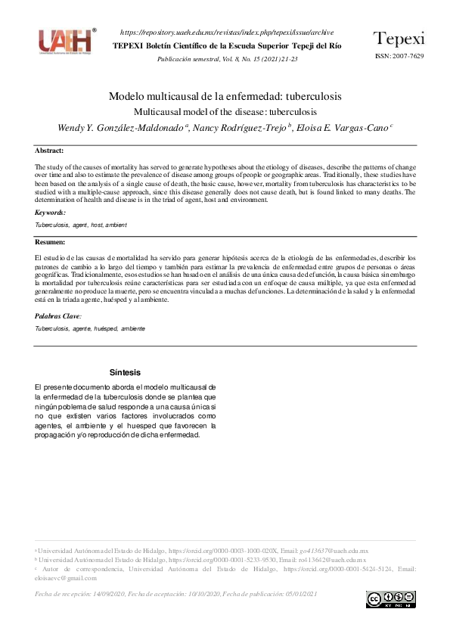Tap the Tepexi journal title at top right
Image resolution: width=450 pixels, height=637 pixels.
[x=399, y=39]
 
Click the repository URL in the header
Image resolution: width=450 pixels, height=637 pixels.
[x=227, y=33]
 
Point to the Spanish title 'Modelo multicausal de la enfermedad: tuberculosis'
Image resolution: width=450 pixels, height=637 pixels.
[x=225, y=97]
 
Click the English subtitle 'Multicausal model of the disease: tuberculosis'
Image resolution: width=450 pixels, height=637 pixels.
[x=225, y=111]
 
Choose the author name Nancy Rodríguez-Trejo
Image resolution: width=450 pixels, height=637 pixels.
[x=241, y=127]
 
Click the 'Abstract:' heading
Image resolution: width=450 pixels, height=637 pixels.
[x=49, y=151]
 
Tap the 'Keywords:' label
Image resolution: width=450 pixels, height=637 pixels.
[x=51, y=213]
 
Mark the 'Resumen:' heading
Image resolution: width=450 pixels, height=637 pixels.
[x=50, y=242]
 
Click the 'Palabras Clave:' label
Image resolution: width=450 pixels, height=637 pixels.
[x=58, y=315]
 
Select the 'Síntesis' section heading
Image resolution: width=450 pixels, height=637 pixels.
[x=125, y=373]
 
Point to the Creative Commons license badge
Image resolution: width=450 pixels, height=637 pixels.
[x=390, y=599]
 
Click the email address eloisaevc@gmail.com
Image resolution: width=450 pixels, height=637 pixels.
[x=66, y=577]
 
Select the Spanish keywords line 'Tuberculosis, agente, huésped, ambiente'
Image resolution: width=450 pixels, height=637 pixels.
[x=90, y=329]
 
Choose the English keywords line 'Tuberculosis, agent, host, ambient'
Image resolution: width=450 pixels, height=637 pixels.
[x=81, y=225]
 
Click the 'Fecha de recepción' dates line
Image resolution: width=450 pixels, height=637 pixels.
[x=175, y=594]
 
